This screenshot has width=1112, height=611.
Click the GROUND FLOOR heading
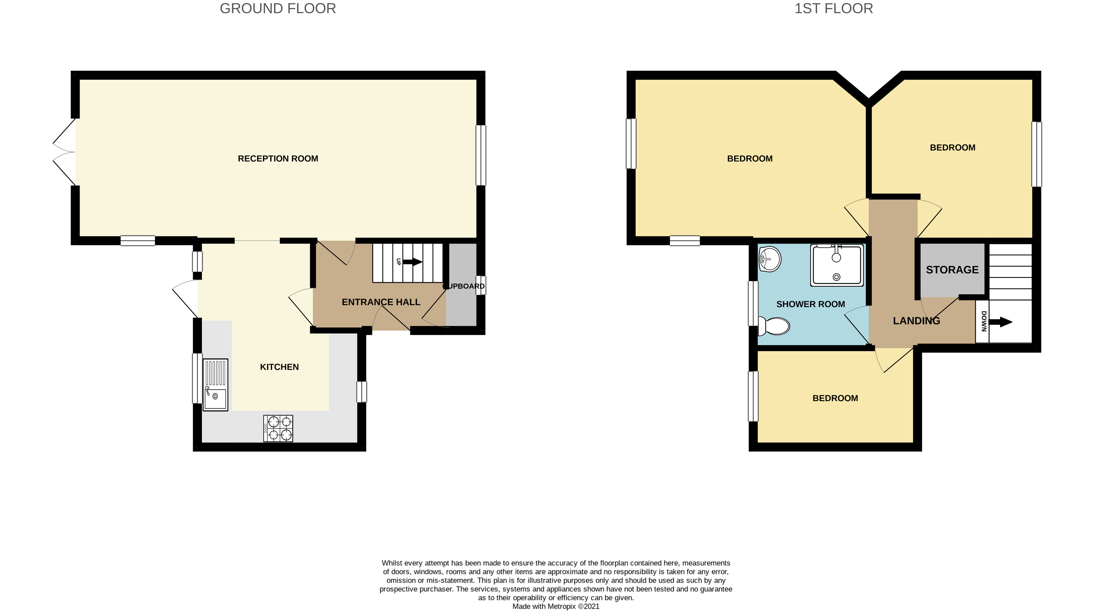(277, 9)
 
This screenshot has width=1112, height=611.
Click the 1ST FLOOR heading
(833, 9)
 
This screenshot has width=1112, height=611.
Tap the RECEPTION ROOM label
(277, 158)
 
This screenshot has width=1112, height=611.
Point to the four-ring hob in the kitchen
(278, 428)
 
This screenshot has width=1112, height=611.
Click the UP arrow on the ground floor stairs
(412, 261)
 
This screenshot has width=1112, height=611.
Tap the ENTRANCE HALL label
(381, 302)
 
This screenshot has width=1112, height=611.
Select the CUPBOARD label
(464, 286)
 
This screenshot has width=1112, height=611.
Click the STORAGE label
(952, 270)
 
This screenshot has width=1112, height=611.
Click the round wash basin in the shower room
(770, 259)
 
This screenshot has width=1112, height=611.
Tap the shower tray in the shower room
(836, 265)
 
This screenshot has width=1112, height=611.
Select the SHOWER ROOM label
(810, 304)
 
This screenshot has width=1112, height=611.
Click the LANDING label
(916, 321)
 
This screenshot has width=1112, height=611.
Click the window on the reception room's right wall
(480, 155)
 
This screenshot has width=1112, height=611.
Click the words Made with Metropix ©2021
(556, 606)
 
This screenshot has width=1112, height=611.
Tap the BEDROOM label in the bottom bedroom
(835, 398)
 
